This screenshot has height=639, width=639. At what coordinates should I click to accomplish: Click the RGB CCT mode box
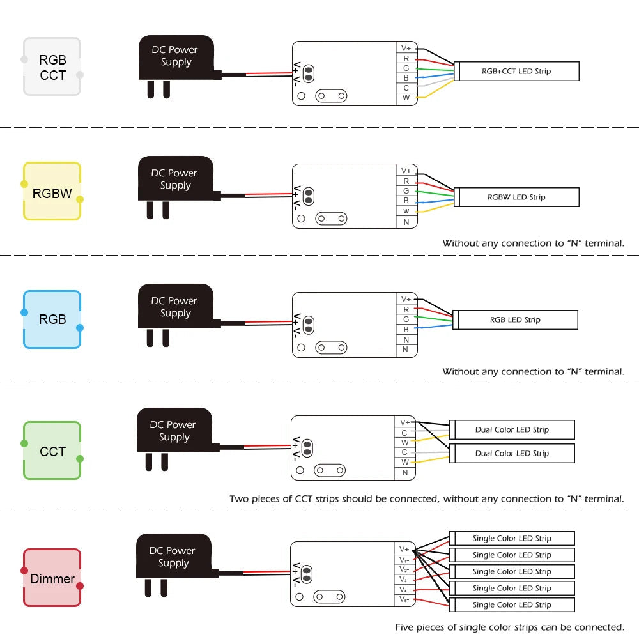coord(52,66)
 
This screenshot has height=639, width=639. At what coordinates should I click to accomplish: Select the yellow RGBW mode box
coord(52,192)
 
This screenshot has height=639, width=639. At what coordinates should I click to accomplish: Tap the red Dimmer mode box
coord(52,578)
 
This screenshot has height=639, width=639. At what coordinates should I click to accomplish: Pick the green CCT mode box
coord(52,450)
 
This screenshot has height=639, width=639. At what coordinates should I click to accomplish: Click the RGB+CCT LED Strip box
coord(516,71)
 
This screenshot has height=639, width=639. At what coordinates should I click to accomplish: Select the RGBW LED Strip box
coord(516,197)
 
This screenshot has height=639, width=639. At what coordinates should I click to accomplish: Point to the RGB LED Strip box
coord(515,319)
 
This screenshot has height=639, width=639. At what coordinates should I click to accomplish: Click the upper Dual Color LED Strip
coord(512,429)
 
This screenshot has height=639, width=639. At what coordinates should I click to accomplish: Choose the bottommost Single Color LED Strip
coord(512,604)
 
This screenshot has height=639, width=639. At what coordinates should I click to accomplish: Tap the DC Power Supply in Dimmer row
coord(173,557)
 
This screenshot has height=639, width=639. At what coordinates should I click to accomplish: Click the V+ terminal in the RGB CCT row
coord(406,48)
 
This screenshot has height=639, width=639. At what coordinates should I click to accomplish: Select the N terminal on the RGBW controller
coord(406,222)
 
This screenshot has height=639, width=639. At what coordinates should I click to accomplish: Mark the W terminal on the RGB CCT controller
coord(406,98)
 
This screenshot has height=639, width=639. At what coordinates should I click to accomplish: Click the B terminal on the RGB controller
coord(406,329)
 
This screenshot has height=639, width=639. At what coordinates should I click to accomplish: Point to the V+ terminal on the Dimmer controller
coord(404,549)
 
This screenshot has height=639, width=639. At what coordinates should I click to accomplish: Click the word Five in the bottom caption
coord(404,627)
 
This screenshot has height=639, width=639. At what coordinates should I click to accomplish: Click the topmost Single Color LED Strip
coord(512,538)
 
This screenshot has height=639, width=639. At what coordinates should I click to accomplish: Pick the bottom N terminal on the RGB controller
coord(406,350)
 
